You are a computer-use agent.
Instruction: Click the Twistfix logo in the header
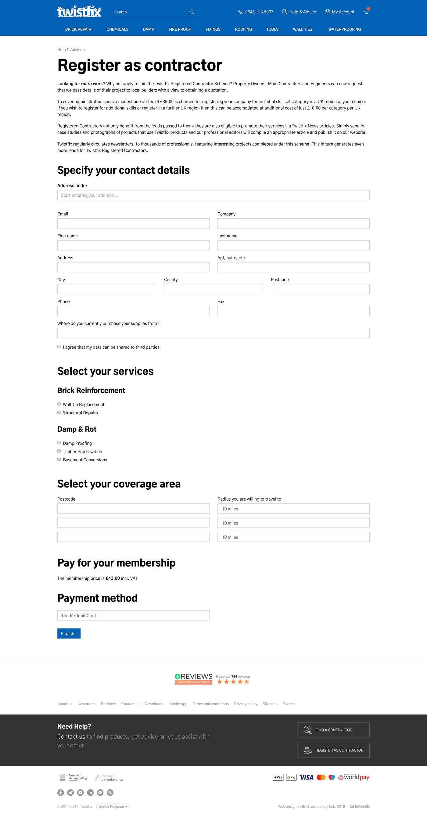tap(79, 11)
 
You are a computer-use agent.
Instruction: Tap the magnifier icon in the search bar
tap(192, 12)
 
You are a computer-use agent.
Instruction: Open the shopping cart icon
tap(365, 11)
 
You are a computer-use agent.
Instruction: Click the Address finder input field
tap(213, 195)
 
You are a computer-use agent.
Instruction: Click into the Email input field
tap(133, 223)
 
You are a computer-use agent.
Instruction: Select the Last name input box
tap(293, 245)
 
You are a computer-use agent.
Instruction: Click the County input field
tap(213, 289)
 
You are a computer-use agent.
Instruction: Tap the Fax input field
tap(293, 311)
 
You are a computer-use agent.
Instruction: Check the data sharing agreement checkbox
tap(59, 347)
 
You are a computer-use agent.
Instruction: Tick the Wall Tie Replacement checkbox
tap(59, 404)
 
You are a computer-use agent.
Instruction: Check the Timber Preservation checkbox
tap(59, 451)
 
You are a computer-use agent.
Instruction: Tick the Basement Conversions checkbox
tap(59, 459)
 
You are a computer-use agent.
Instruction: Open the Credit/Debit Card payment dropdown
tap(133, 615)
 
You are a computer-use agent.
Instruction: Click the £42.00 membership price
tap(113, 578)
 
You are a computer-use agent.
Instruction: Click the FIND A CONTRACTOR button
tap(333, 730)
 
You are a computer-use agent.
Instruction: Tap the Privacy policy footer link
tap(245, 704)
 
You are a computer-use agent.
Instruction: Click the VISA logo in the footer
tap(306, 777)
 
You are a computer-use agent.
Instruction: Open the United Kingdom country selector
tap(113, 806)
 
